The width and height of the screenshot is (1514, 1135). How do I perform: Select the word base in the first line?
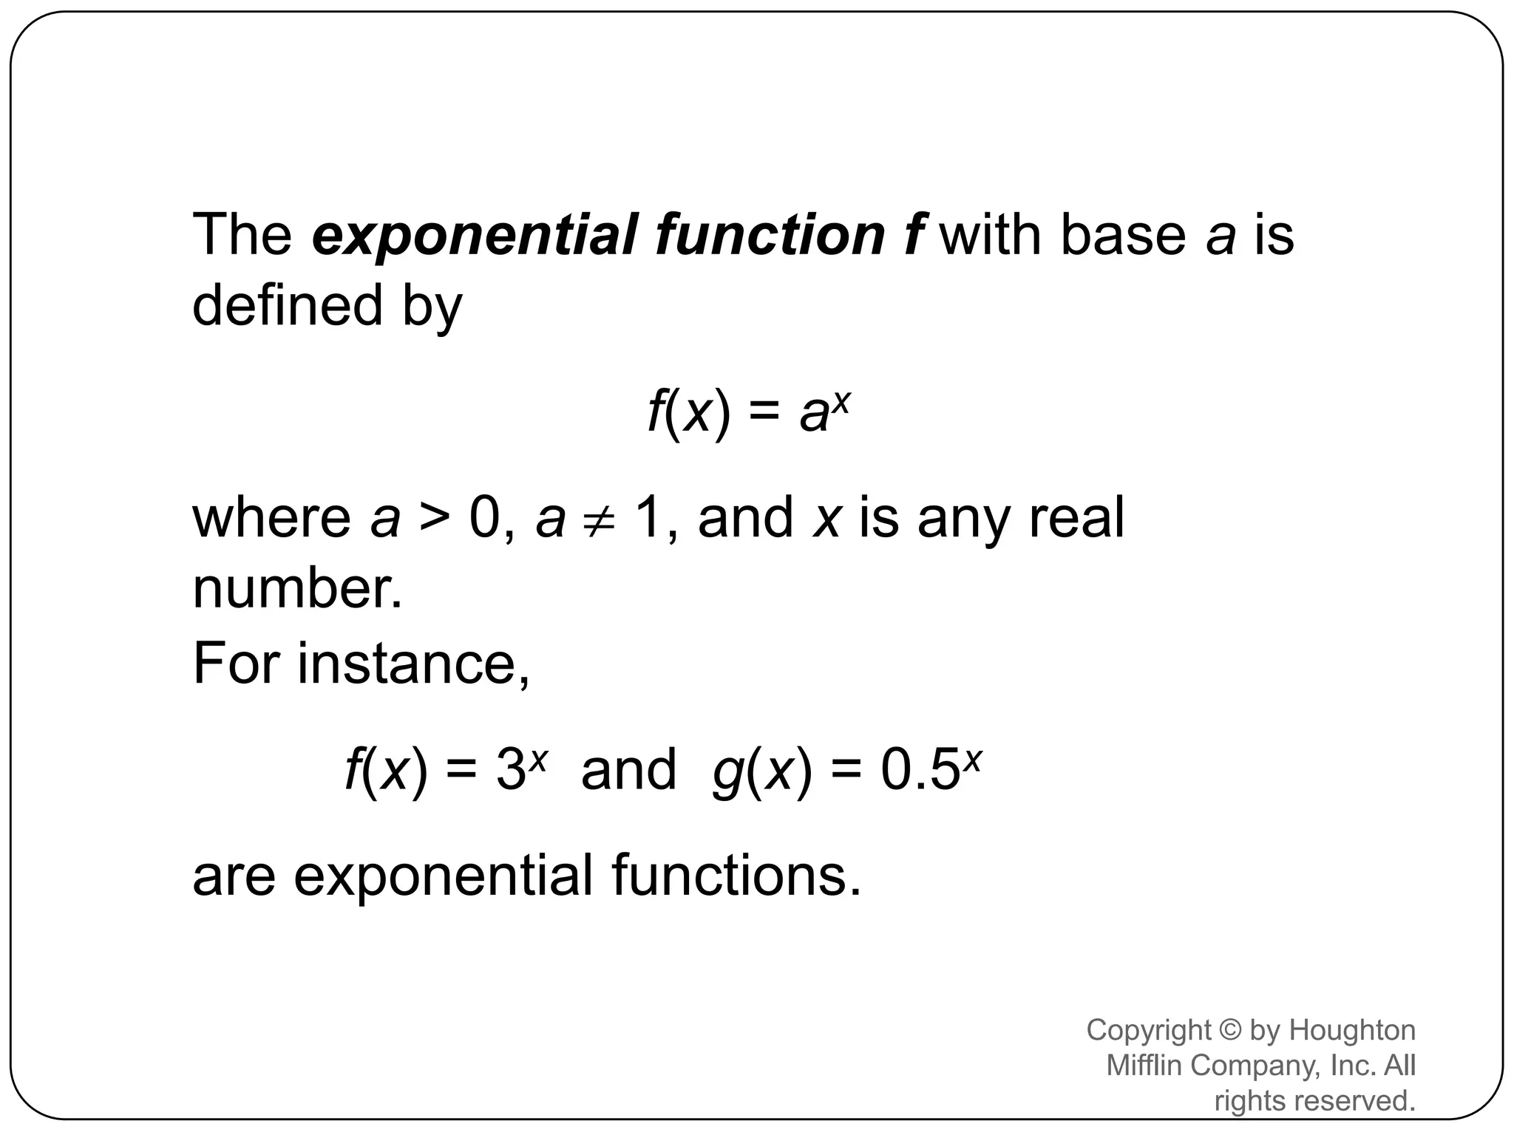[1122, 235]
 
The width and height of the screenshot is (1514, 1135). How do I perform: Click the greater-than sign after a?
[435, 519]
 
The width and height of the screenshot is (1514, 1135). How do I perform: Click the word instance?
[413, 662]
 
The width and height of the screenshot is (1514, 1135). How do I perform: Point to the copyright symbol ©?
[1231, 1030]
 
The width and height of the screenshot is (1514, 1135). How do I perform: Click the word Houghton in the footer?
[1352, 1030]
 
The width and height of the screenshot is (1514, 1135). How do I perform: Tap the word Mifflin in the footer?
[1145, 1066]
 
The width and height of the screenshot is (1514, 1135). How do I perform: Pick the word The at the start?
[242, 235]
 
